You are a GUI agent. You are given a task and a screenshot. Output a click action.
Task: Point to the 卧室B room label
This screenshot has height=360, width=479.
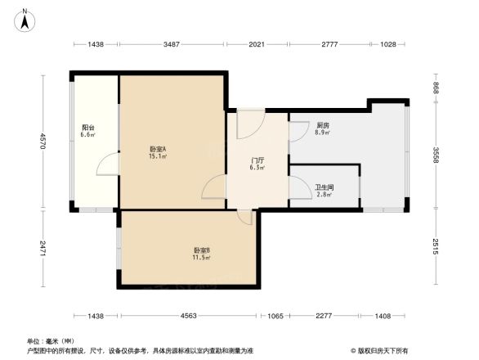pos(202,250)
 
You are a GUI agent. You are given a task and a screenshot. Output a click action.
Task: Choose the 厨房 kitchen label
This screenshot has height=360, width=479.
pos(322,125)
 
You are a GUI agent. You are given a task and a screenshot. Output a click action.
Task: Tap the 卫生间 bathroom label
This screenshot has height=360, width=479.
pos(324,187)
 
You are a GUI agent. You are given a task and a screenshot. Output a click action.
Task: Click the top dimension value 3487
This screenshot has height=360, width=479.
pos(172,44)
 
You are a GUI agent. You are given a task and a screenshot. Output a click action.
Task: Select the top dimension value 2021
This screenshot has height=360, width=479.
pos(256,44)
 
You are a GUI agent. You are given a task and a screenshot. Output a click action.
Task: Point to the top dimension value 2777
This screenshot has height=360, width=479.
pos(329,44)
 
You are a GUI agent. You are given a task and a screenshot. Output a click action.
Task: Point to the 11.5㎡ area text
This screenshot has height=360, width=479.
pos(202,258)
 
